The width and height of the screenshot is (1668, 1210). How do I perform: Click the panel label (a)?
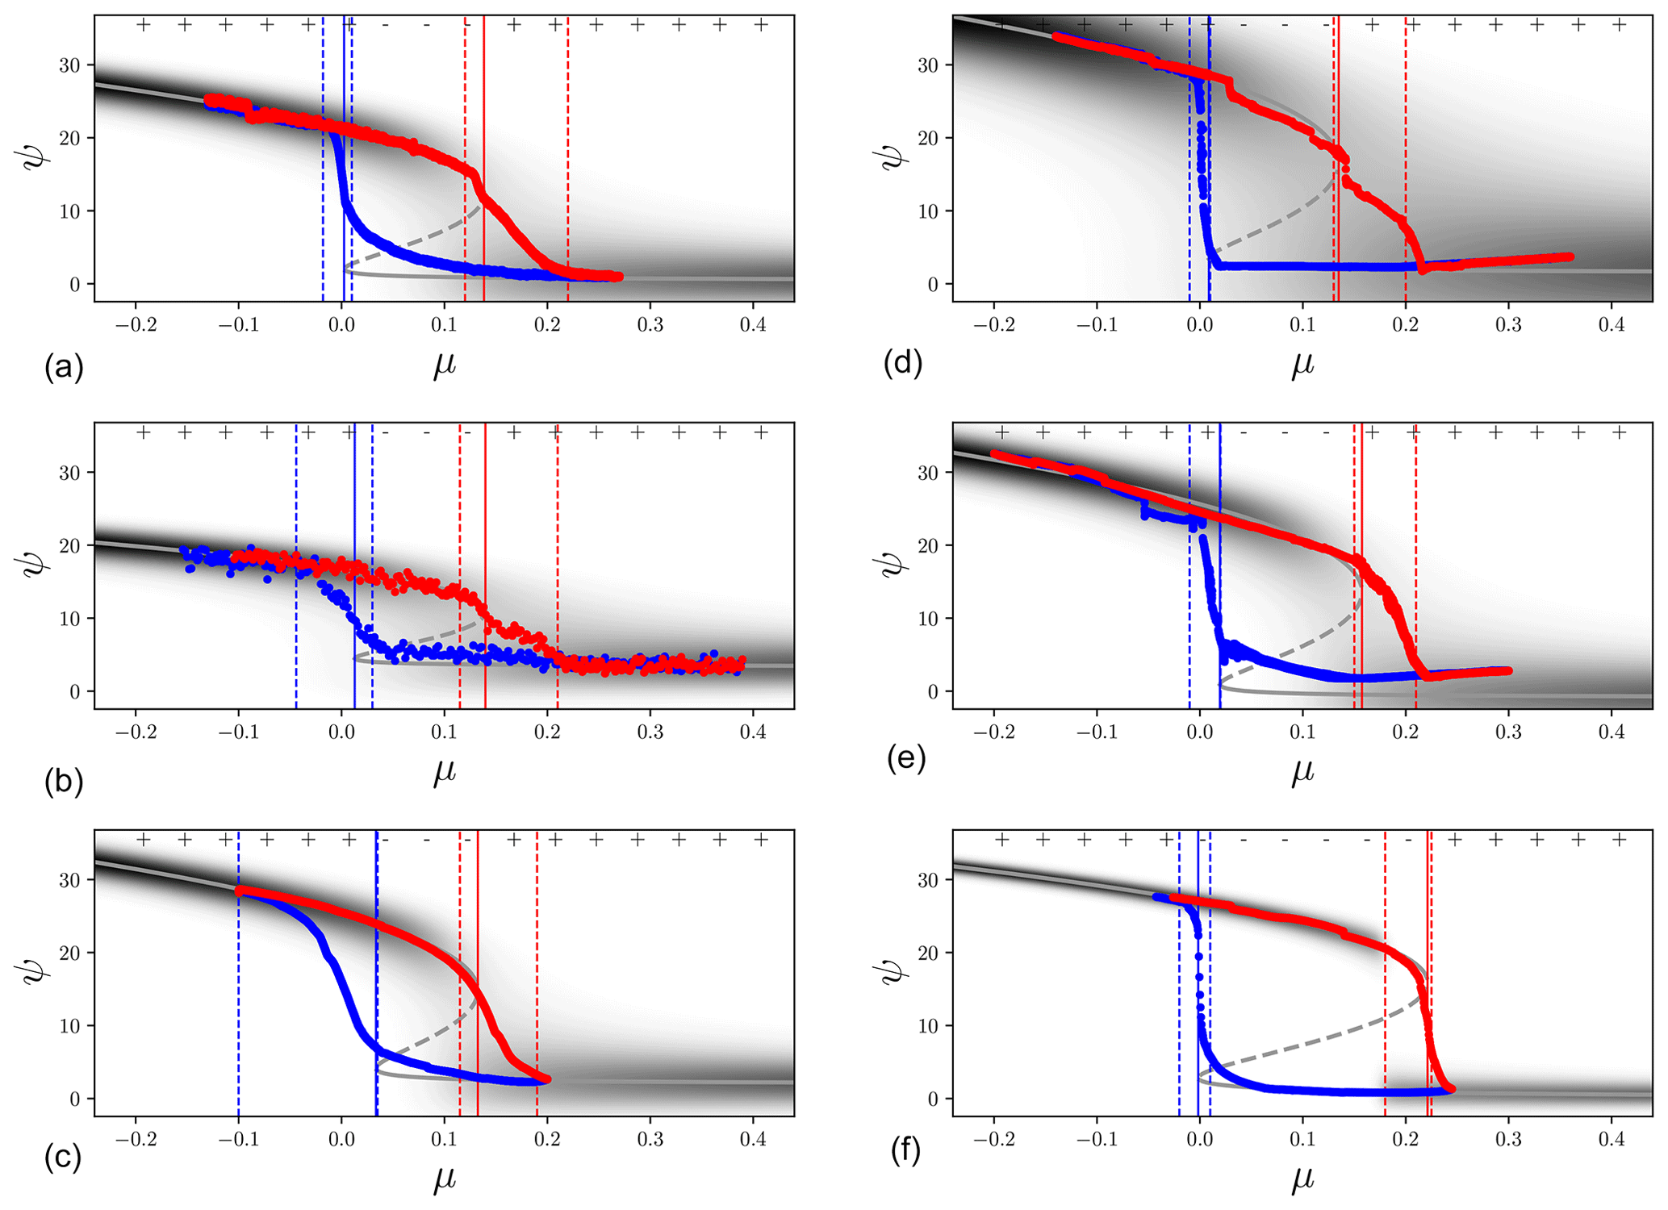click(64, 368)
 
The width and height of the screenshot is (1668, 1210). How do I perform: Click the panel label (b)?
click(64, 782)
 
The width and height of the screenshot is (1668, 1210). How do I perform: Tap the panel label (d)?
click(903, 364)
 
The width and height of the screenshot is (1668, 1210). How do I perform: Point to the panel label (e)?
click(906, 759)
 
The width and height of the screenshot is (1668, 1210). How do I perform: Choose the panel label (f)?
click(905, 1151)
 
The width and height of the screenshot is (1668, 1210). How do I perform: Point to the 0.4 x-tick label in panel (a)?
click(753, 325)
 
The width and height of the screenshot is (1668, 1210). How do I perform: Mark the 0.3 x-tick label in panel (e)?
click(1508, 732)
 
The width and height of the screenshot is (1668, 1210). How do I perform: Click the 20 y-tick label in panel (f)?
click(928, 953)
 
